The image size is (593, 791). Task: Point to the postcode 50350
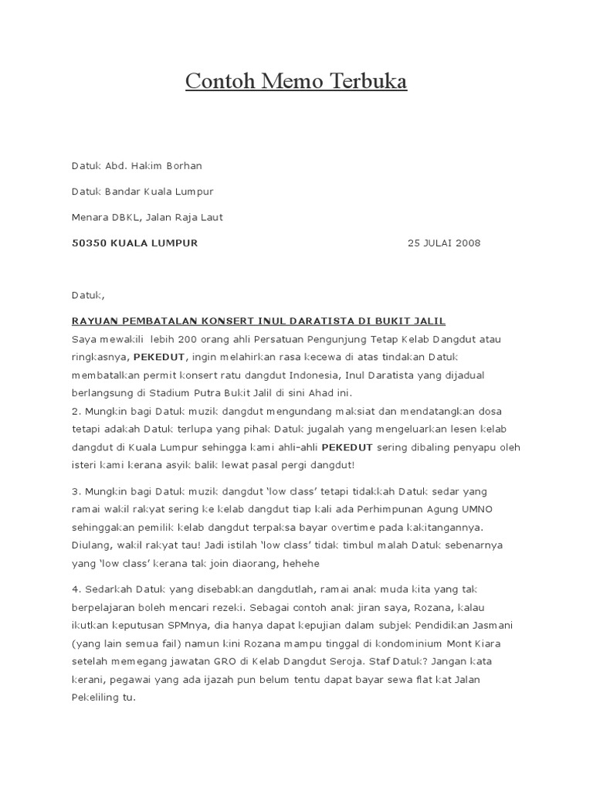tap(88, 243)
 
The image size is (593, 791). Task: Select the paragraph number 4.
tap(75, 590)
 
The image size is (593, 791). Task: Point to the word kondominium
tap(374, 643)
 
